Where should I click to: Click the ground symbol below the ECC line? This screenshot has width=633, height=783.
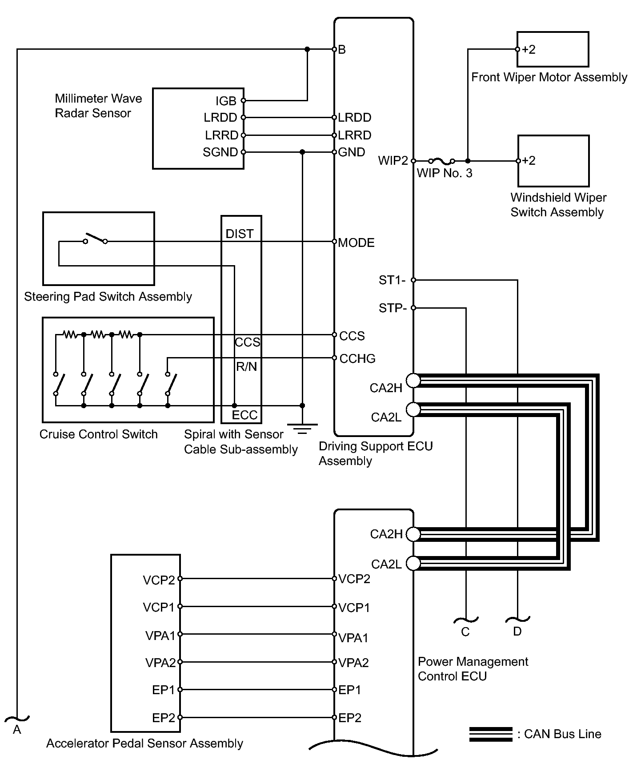(302, 429)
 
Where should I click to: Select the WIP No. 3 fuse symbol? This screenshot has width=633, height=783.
(441, 161)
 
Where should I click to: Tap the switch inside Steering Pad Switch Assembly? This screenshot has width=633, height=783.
(96, 238)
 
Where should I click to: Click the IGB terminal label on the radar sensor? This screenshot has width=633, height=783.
(226, 101)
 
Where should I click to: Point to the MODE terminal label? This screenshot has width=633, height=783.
(356, 242)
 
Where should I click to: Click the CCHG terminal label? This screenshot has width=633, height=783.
(357, 359)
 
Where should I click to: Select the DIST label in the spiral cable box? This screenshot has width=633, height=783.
(240, 234)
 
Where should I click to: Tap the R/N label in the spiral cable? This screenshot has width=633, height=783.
(246, 366)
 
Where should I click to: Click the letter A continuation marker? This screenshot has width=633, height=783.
(17, 730)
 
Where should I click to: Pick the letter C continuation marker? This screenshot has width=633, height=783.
(465, 632)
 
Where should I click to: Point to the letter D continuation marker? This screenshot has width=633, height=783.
(517, 632)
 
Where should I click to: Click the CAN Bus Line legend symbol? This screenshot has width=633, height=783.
(491, 734)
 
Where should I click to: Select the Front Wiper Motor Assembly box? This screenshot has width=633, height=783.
(553, 49)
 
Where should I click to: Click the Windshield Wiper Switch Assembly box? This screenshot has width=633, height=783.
(553, 161)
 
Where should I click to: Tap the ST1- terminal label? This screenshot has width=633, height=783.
(392, 280)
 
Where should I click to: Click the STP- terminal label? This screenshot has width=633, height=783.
(393, 308)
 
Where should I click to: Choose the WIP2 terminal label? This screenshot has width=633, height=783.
(393, 161)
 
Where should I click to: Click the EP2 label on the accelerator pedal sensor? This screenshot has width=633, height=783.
(164, 718)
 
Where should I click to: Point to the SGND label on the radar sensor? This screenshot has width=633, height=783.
(220, 152)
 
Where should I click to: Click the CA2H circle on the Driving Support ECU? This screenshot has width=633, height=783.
(413, 381)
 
